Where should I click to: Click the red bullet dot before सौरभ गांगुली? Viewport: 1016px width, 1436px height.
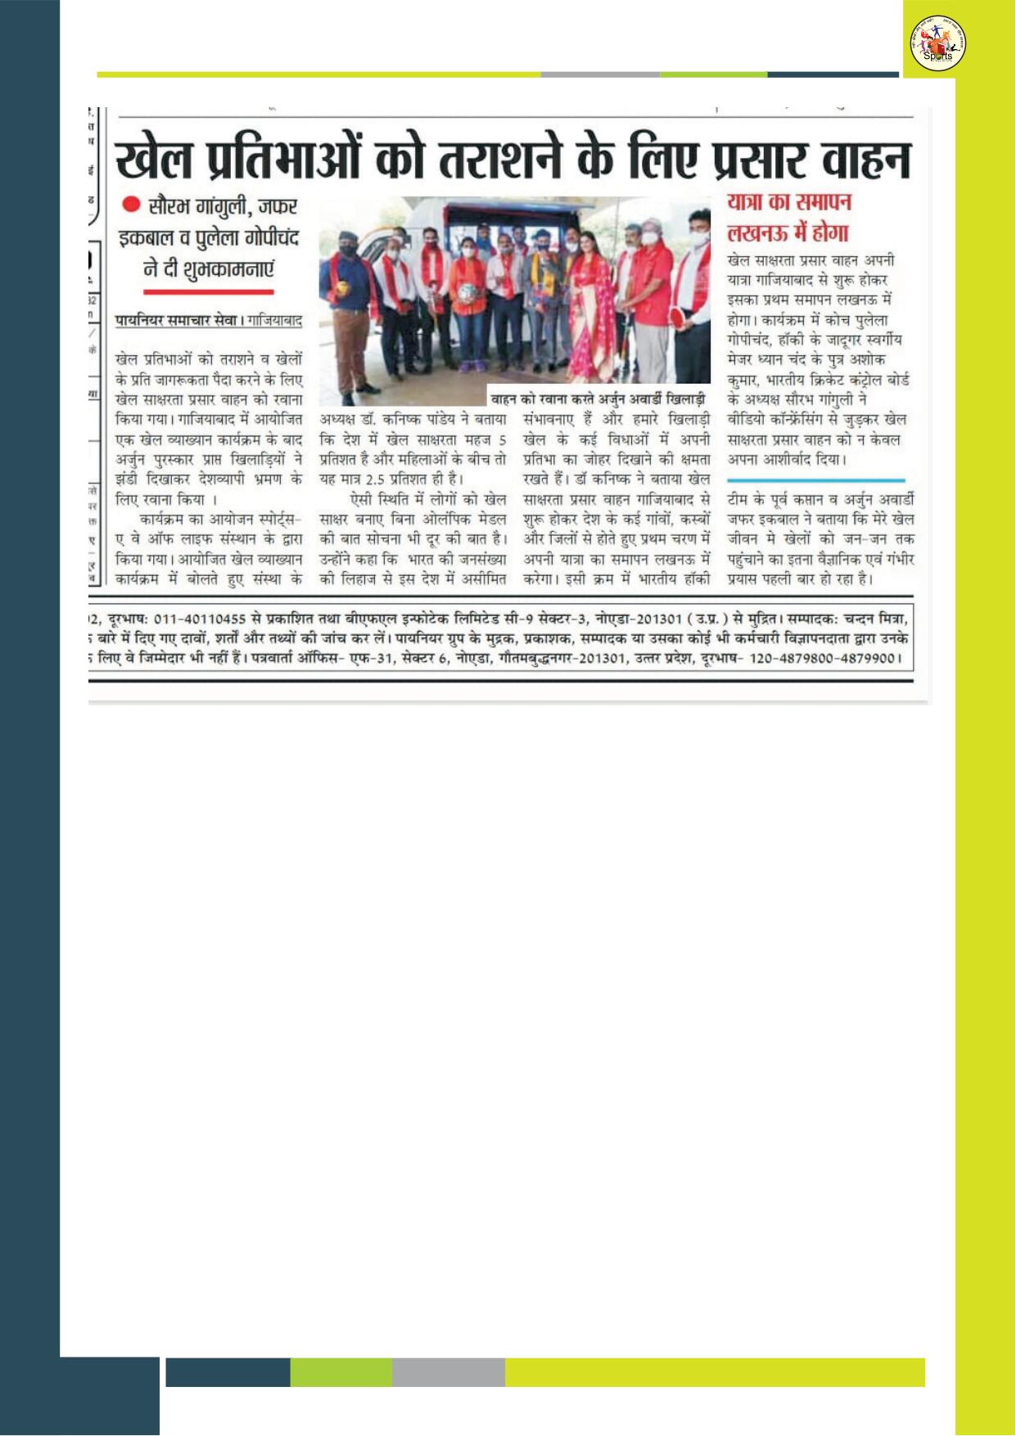[131, 204]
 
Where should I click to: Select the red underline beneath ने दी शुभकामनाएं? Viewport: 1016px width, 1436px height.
[208, 291]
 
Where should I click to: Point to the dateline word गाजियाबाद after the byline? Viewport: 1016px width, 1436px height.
[274, 320]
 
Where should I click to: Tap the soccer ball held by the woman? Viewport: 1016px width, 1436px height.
[470, 295]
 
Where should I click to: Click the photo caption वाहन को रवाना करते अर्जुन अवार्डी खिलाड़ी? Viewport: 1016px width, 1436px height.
[598, 399]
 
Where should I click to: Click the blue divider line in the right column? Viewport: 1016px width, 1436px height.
[815, 480]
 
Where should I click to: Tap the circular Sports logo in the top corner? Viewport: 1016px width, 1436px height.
[937, 44]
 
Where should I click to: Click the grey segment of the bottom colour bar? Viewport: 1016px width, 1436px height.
[448, 1372]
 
